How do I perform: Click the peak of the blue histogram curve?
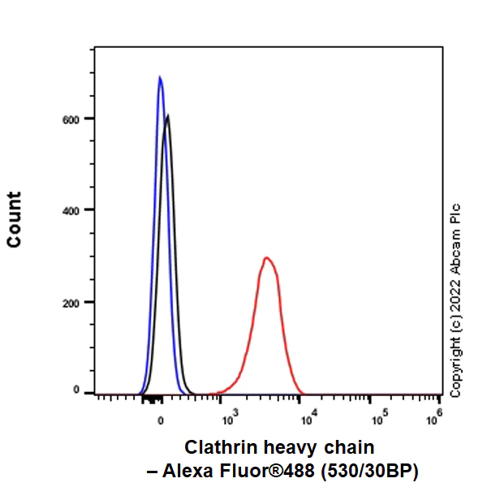point(160,77)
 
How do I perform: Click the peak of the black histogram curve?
point(167,115)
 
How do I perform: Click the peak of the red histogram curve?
point(266,258)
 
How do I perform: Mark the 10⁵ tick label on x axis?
point(377,419)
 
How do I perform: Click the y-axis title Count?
point(15,219)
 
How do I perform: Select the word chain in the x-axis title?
point(351,447)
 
